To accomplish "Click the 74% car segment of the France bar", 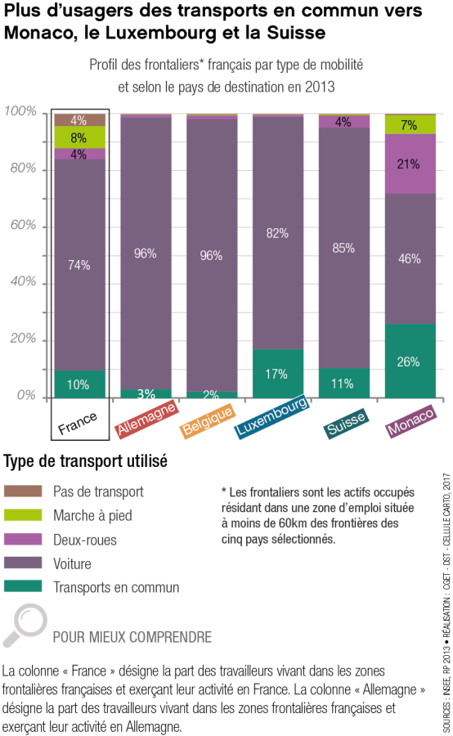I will click(79, 264).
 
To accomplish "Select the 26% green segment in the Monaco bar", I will click(409, 361).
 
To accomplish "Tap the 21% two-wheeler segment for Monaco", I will click(409, 164).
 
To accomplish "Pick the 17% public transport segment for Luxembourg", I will click(277, 374).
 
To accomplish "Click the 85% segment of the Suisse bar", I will click(343, 248).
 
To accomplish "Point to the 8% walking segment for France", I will click(79, 137).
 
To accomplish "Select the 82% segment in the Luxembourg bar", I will click(277, 233).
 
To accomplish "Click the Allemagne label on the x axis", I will click(145, 417).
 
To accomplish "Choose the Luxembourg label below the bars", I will click(272, 417).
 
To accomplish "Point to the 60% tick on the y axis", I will click(21, 225).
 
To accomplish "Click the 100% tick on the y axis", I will click(20, 111).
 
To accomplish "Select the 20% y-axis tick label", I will click(21, 339).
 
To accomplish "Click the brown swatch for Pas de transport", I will click(23, 491).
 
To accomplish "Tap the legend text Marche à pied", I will click(92, 515).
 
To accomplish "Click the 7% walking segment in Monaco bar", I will click(409, 125).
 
